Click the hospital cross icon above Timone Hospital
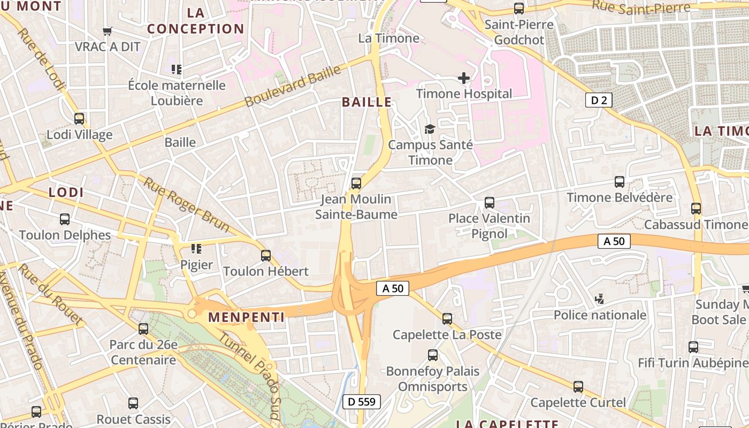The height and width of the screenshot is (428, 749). pyautogui.click(x=464, y=79)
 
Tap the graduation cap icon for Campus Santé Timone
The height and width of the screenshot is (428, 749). pyautogui.click(x=430, y=129)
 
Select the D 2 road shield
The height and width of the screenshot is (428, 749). pyautogui.click(x=598, y=100)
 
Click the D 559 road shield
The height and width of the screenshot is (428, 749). pyautogui.click(x=362, y=402)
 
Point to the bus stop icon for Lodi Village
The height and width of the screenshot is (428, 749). pyautogui.click(x=79, y=119)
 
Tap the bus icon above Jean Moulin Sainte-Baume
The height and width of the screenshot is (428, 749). pyautogui.click(x=356, y=184)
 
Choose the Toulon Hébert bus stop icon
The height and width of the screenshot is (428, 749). pyautogui.click(x=266, y=256)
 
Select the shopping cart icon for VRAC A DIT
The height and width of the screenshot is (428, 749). pyautogui.click(x=108, y=31)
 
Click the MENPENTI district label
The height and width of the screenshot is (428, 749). pyautogui.click(x=246, y=317)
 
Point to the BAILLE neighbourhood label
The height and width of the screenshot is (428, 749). pyautogui.click(x=367, y=102)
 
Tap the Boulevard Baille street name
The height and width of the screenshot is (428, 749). pyautogui.click(x=293, y=86)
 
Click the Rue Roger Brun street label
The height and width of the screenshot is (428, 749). pyautogui.click(x=186, y=204)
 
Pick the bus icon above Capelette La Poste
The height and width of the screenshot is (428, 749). pyautogui.click(x=447, y=319)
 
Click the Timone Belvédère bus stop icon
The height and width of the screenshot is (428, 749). pyautogui.click(x=620, y=182)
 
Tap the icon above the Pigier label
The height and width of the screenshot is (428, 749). pyautogui.click(x=196, y=249)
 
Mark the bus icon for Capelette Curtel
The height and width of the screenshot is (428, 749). pyautogui.click(x=578, y=387)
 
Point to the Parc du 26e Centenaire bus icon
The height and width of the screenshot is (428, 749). pyautogui.click(x=143, y=329)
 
